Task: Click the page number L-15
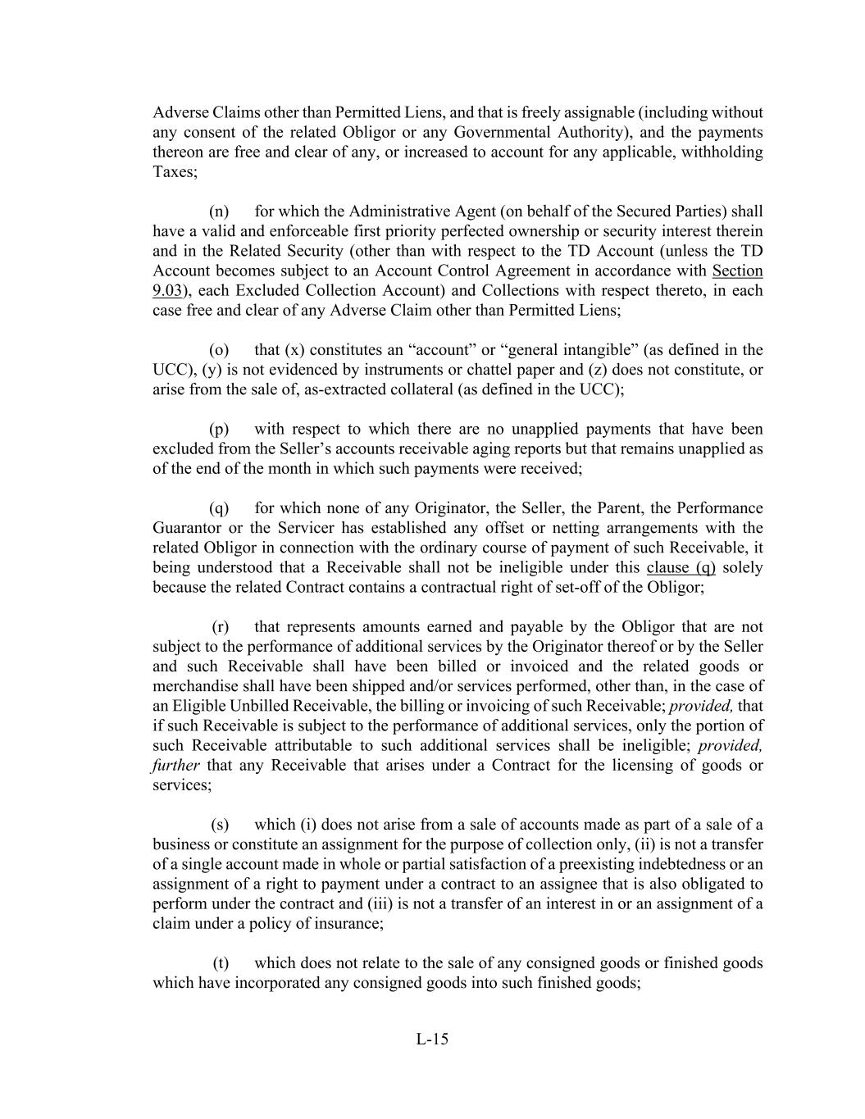click(x=432, y=1039)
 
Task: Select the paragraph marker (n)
click(x=219, y=212)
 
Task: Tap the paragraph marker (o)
click(x=219, y=350)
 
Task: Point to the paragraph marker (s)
click(x=220, y=825)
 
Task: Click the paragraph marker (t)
click(x=221, y=963)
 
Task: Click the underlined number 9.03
click(x=166, y=291)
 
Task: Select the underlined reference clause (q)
click(x=681, y=568)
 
